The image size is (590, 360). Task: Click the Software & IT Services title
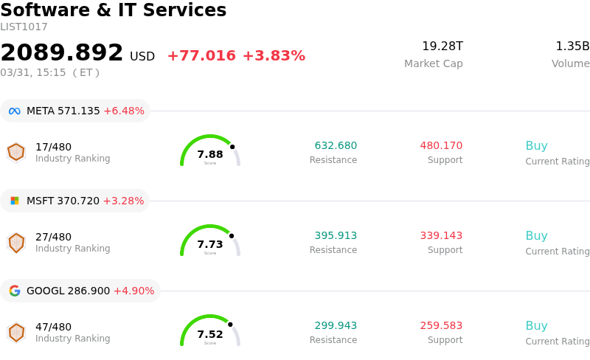(113, 10)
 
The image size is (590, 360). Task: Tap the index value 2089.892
(62, 52)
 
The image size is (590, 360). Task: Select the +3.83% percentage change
(274, 56)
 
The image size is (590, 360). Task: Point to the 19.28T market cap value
(442, 46)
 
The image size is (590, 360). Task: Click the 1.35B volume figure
(572, 46)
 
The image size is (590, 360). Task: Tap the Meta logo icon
(15, 111)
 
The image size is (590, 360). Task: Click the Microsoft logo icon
(15, 201)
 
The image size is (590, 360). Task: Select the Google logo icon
(15, 291)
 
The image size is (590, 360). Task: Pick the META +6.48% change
(124, 111)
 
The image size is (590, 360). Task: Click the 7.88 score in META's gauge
(210, 154)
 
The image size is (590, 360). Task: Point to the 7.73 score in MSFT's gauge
(210, 244)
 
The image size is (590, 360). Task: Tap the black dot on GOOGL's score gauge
(230, 325)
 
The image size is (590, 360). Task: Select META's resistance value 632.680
(336, 146)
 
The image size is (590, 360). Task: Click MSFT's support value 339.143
(441, 236)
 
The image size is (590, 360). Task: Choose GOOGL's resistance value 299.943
(336, 326)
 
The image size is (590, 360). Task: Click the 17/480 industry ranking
(53, 147)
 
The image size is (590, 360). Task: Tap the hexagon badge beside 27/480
(16, 242)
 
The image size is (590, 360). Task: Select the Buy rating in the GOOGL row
(536, 326)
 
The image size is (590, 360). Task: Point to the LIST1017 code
(24, 27)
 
